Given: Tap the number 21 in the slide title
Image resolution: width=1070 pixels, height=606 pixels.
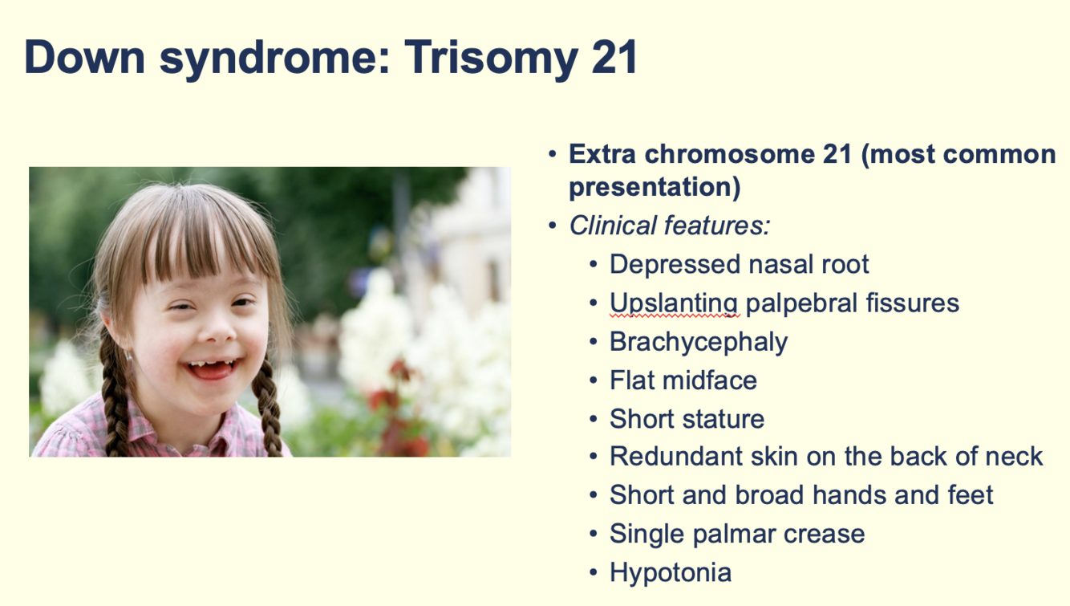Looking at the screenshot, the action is [x=614, y=57].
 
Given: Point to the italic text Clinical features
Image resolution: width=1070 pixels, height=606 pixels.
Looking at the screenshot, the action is [x=670, y=225].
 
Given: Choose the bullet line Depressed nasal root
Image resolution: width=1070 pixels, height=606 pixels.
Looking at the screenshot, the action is [x=739, y=264].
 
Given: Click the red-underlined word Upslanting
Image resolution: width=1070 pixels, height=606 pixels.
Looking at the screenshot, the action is [x=675, y=304].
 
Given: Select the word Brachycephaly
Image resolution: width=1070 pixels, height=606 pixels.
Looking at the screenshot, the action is [x=699, y=343].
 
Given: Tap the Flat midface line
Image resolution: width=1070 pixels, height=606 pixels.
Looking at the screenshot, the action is [x=683, y=380].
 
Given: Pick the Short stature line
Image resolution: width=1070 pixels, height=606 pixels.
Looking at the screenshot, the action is [x=687, y=419].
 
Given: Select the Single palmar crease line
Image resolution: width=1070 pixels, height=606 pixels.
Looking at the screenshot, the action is [x=737, y=535].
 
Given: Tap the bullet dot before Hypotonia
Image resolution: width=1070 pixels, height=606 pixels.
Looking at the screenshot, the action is [x=594, y=572].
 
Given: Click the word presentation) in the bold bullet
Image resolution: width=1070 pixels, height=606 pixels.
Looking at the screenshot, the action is [x=655, y=187].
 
